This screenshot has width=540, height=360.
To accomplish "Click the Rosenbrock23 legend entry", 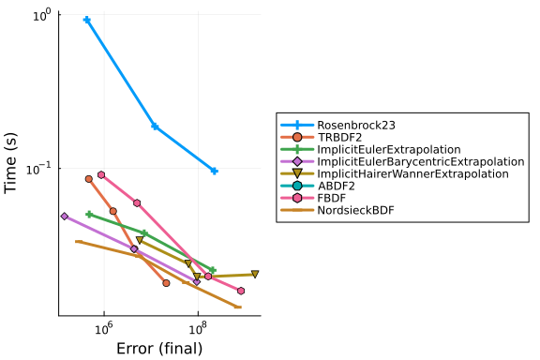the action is pos(356,125).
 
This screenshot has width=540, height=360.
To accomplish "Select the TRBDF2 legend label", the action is pos(339,138).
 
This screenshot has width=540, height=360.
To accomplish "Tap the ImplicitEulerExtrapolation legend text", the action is pos(389,149).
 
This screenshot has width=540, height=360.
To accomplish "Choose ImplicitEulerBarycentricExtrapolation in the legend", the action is pos(421,161).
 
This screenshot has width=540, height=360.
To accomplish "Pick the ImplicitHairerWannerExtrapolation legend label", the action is pos(412,173).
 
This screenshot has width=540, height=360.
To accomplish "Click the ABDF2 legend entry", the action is pos(337,186).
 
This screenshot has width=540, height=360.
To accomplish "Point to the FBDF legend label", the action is pos(332,198).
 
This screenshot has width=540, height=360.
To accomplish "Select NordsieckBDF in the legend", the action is pos(355,210).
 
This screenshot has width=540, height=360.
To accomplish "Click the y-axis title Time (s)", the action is pos(10,163).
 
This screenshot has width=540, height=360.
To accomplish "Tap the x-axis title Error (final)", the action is pos(159,349).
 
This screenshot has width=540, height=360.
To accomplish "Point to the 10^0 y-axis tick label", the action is pos(42,15).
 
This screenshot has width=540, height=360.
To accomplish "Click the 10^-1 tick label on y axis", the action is pos(38,169).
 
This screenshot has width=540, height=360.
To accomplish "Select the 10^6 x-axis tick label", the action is pos(104,328).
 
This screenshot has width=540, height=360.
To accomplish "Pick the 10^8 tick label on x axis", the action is pos(198,328).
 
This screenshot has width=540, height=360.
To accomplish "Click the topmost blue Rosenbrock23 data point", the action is pos(87,20).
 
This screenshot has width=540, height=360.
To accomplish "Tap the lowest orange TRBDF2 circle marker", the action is pos(166,283).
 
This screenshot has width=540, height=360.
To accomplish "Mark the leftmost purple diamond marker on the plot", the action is pos(65,217).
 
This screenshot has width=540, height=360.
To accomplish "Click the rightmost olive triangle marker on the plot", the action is pos(255,275).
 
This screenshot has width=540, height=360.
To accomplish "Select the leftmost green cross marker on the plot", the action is pos(89,215).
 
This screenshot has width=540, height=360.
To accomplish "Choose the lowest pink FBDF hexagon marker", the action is pos(241,292).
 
